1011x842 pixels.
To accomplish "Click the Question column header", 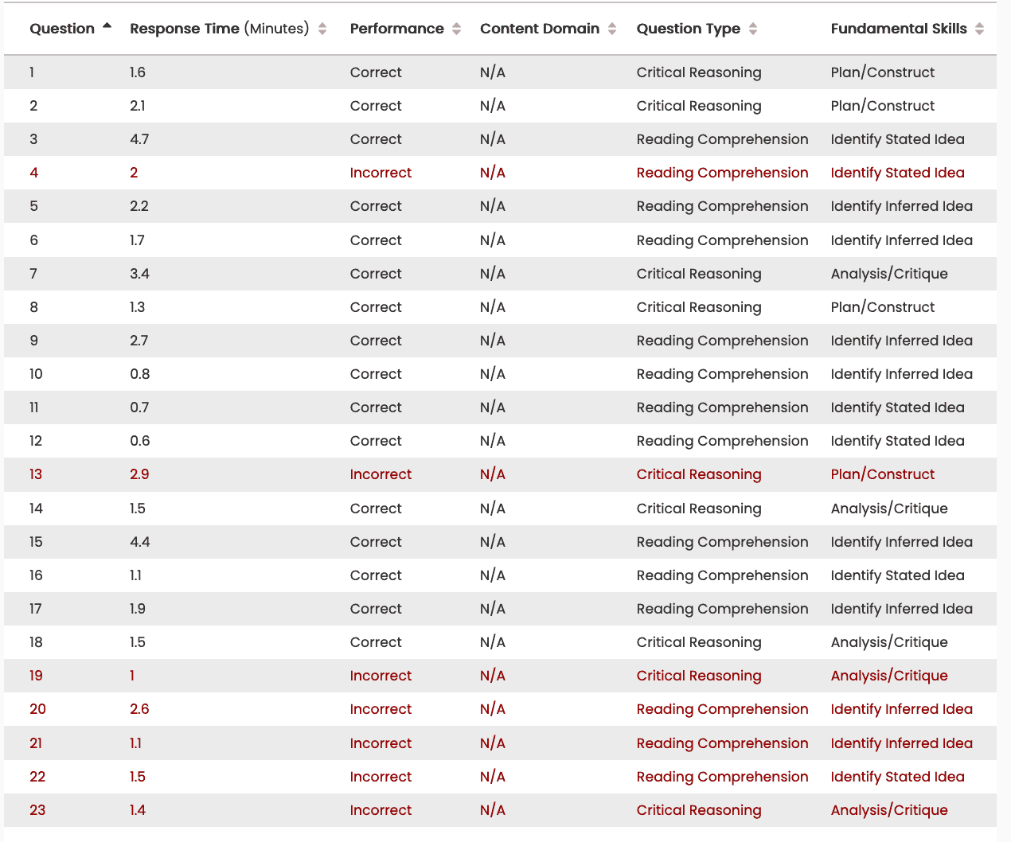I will coord(62,29).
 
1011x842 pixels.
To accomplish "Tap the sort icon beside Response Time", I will coord(322,29).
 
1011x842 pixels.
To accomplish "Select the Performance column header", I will coord(396,29).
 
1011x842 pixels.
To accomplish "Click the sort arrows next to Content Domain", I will coord(612,29).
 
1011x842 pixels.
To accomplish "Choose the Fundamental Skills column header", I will coord(899,29).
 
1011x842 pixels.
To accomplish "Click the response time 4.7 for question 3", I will coord(139,139).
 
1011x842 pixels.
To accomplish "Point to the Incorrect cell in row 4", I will coord(381,173).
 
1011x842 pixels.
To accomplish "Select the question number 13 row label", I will coord(36,474).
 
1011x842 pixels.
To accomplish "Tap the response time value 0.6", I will coord(140,441).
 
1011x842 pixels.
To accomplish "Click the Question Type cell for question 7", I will coord(699,274).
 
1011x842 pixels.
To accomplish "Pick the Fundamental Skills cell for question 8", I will coord(882,307).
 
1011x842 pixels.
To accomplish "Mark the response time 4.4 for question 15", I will coord(140,542).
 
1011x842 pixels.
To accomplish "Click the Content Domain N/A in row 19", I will coord(493,676).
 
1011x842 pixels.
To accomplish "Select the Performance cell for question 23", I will coord(381,810).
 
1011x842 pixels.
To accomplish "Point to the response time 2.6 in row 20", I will coord(139,709).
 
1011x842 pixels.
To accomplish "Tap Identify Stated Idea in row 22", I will coord(897,777).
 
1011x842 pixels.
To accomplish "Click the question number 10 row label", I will coord(36,374).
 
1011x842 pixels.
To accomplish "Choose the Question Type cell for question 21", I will coord(722,743).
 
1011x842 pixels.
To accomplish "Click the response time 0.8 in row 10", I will coord(140,374).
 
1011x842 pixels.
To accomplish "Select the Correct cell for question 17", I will coord(376,609).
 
